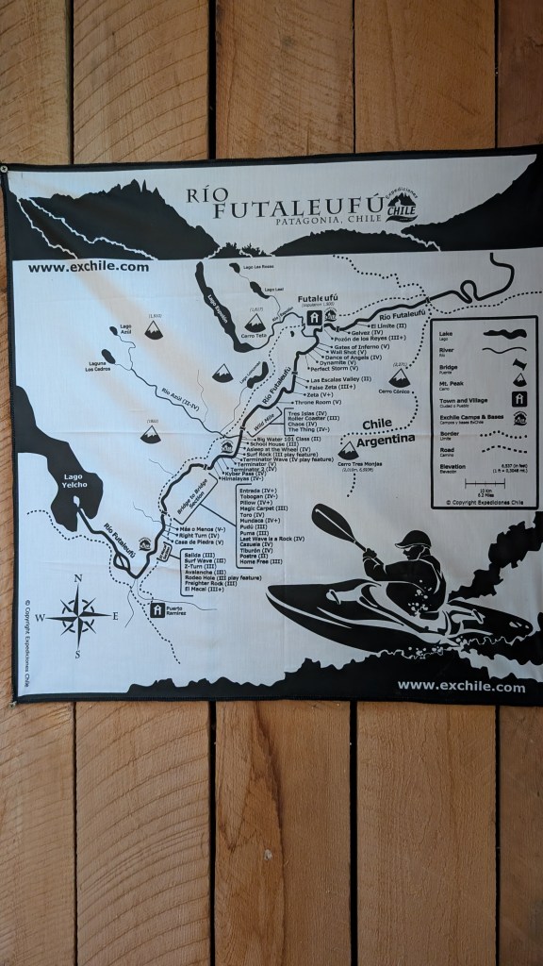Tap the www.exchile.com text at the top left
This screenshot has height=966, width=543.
tap(89, 266)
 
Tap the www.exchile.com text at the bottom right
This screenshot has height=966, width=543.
tap(461, 687)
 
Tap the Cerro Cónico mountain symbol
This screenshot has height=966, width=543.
tap(400, 377)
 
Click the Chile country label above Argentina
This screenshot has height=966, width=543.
tap(376, 425)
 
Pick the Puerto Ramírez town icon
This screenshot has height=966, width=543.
tap(157, 609)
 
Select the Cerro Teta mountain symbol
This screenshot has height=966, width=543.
tap(255, 324)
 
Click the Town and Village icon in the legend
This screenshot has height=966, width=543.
tap(518, 399)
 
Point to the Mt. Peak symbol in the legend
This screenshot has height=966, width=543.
tap(518, 378)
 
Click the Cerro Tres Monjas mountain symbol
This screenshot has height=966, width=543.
tap(348, 451)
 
